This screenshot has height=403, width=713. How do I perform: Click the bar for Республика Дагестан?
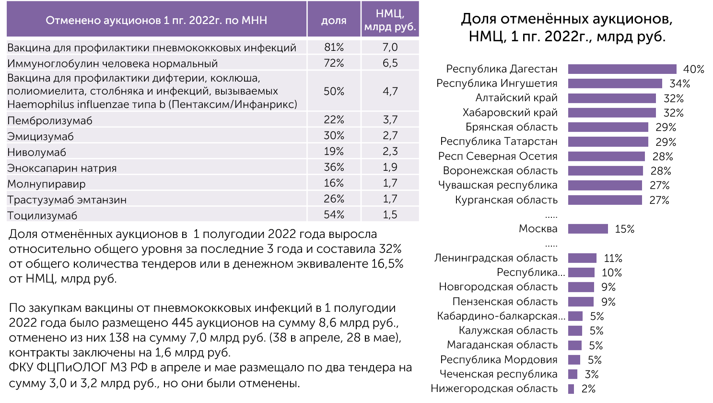click(x=622, y=69)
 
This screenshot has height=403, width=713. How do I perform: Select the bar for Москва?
click(x=588, y=229)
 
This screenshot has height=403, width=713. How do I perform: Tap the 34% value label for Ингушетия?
click(x=679, y=84)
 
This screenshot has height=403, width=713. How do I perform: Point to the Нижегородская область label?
click(x=494, y=389)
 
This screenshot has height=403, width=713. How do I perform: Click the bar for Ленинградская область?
click(x=582, y=258)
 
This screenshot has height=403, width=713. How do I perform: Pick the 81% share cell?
click(x=334, y=47)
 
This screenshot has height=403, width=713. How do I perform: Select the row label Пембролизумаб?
click(x=50, y=120)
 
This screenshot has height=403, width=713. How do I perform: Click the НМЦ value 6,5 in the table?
click(x=390, y=63)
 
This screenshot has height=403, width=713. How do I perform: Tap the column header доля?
click(x=334, y=20)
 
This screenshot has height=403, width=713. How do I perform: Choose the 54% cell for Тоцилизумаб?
click(x=334, y=214)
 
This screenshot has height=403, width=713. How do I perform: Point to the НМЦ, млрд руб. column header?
click(x=390, y=20)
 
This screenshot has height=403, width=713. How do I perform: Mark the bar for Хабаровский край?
click(x=612, y=113)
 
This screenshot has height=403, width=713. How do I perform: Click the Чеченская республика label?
click(x=499, y=374)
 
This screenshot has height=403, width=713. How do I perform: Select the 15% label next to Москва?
click(x=624, y=229)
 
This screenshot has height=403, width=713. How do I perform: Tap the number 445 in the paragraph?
click(x=182, y=323)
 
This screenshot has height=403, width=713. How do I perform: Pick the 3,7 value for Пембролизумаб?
click(x=390, y=119)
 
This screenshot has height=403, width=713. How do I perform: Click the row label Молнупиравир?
click(x=47, y=184)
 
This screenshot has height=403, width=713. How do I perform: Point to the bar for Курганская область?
click(x=605, y=200)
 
